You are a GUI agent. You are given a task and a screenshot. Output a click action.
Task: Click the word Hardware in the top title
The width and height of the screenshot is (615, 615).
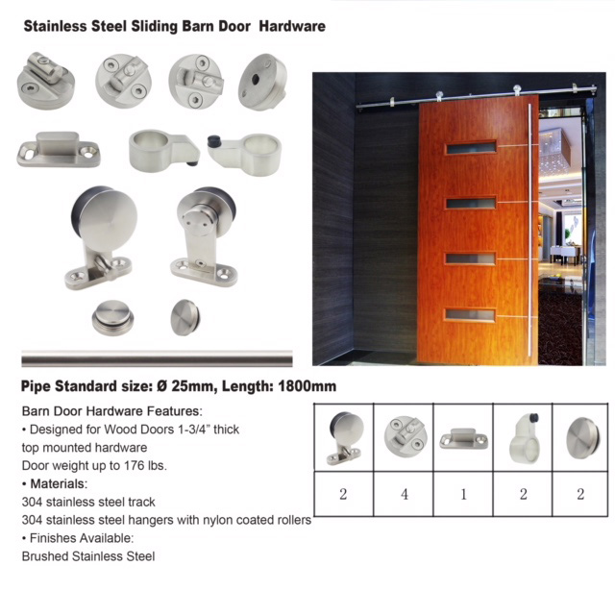(292, 26)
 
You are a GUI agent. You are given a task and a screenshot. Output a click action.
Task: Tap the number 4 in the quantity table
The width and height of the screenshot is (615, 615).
(405, 494)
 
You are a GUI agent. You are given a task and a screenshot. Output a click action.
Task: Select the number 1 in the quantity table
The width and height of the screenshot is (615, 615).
(463, 494)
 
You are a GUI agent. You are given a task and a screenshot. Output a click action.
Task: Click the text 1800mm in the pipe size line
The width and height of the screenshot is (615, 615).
(307, 386)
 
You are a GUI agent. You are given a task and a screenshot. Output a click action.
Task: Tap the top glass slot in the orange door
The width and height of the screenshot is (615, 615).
(471, 148)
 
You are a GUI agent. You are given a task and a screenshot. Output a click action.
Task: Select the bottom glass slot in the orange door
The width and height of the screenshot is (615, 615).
(470, 314)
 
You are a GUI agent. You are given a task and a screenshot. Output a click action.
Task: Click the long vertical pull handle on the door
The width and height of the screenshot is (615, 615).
(529, 229)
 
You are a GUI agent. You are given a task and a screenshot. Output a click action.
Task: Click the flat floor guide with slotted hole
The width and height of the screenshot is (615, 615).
(59, 149)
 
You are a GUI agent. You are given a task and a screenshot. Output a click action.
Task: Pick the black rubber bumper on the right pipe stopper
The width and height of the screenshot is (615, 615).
(214, 140)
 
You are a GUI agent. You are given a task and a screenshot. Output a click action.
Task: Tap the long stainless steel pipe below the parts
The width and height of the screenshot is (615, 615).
(157, 358)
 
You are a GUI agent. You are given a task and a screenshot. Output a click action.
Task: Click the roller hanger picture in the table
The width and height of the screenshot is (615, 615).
(344, 438)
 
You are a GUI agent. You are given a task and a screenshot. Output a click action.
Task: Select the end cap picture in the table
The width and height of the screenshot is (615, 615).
(582, 438)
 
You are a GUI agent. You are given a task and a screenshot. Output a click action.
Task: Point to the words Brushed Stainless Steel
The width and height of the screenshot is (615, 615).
(88, 556)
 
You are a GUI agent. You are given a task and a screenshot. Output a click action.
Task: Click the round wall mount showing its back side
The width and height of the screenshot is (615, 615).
(262, 82)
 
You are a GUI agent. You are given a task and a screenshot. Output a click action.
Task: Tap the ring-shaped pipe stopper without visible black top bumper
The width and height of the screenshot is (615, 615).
(164, 151)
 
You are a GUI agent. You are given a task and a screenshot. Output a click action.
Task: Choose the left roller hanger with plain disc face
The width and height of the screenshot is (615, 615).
(102, 237)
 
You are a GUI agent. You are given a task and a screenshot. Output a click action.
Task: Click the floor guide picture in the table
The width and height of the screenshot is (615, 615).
(463, 438)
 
